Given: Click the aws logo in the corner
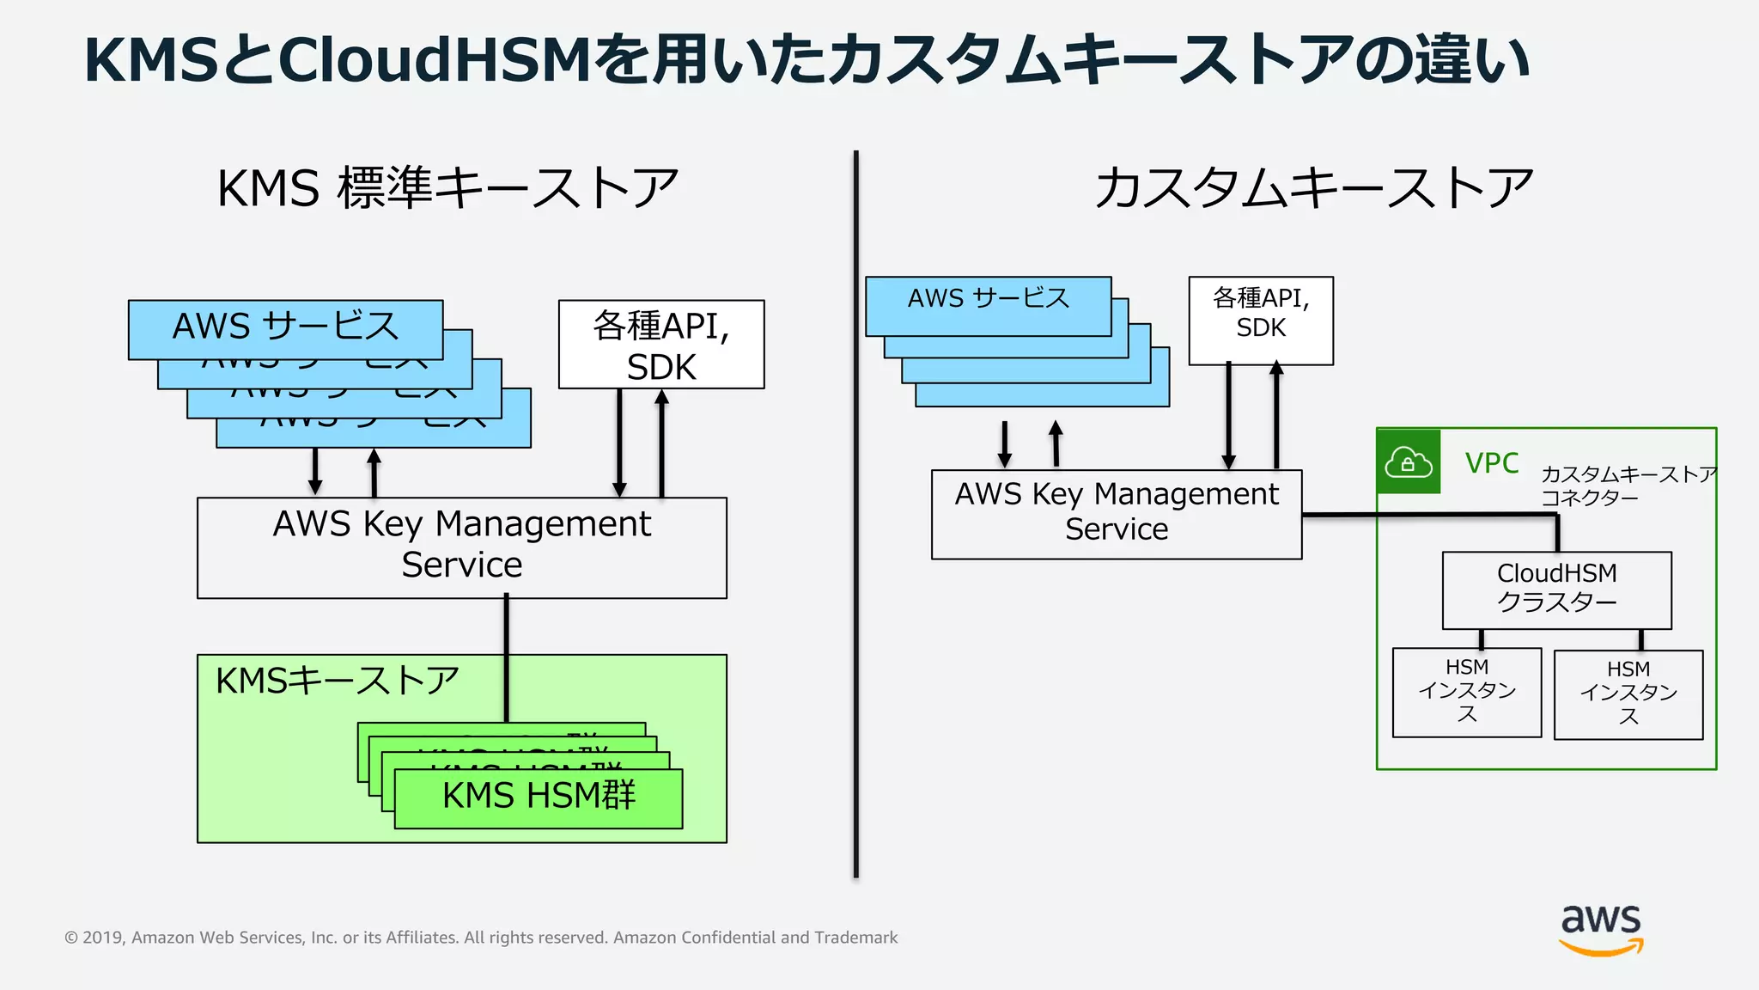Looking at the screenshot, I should [1601, 928].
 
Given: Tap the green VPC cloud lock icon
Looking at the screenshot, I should [1408, 462].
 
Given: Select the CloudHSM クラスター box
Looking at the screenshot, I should [1556, 590].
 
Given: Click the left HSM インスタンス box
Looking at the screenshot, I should [1466, 692].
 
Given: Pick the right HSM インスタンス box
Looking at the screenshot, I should [1628, 694].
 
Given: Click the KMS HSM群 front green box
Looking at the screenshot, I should [538, 797].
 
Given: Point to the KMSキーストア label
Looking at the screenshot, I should [337, 681].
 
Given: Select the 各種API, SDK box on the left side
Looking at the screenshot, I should [660, 345].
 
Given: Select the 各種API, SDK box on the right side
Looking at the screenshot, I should [1260, 321].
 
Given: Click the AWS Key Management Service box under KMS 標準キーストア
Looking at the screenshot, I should [461, 547].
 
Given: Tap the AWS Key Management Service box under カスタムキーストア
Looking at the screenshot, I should [1116, 513].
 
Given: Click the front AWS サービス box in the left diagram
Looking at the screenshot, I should [285, 327].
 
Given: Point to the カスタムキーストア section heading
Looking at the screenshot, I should [1313, 189].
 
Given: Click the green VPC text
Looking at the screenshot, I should [1491, 463].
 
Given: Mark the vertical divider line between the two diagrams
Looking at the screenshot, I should [855, 516].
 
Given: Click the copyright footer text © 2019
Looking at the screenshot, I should [480, 938].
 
